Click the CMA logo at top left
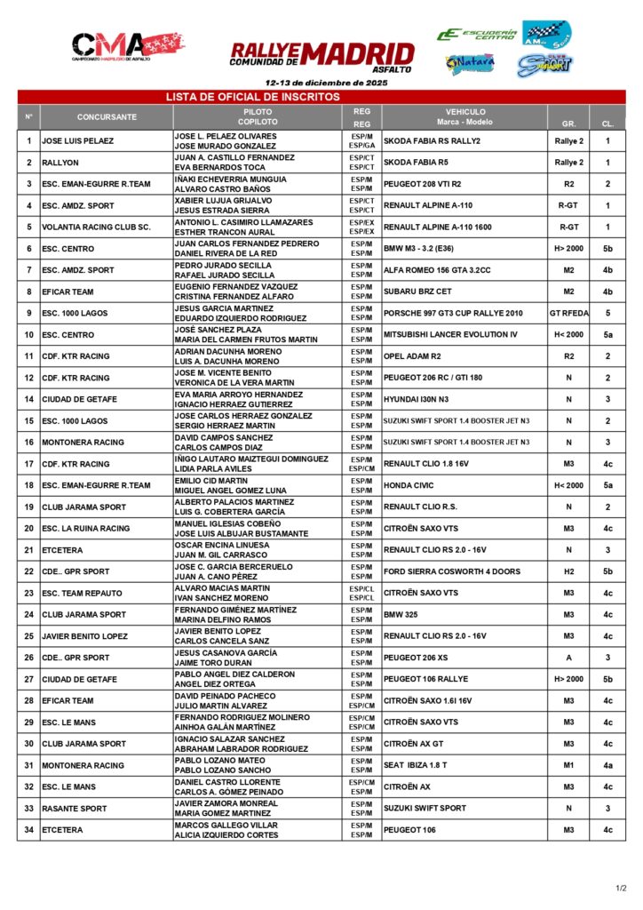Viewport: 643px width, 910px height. coord(115,46)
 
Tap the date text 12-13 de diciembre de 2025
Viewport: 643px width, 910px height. coord(321,83)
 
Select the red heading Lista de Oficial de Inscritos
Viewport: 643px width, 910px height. coord(253,97)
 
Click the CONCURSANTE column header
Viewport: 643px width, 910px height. coord(107,117)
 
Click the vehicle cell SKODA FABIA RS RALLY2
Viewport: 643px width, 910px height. coord(432,141)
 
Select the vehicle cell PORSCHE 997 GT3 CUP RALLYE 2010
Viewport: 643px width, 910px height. coord(453,314)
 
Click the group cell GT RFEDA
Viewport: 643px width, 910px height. coord(568,314)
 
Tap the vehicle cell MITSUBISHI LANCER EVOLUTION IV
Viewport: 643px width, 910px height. coord(449,335)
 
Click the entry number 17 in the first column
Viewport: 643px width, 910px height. coord(28,464)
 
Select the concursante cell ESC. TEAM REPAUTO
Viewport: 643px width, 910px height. coord(82,594)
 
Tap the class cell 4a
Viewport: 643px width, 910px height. coord(607,766)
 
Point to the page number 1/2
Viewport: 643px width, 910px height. coord(621,887)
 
